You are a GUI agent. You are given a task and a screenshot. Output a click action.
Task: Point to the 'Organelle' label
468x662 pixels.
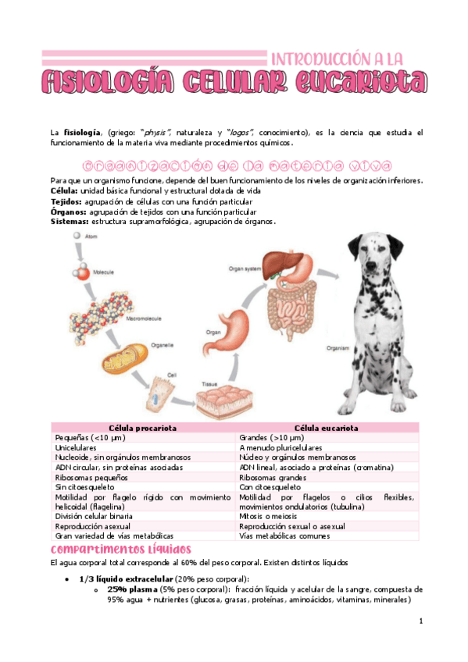click(x=162, y=342)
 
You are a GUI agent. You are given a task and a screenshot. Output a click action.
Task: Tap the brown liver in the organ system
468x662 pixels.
click(x=280, y=267)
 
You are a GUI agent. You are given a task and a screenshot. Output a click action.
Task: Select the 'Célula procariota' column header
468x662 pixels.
click(x=142, y=429)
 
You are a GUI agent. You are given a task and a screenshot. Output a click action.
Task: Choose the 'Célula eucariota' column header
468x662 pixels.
click(x=327, y=429)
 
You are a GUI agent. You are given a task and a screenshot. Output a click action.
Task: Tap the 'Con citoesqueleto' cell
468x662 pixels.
click(x=270, y=487)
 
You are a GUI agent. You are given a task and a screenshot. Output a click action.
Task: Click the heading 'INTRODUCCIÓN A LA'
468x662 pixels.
click(x=337, y=59)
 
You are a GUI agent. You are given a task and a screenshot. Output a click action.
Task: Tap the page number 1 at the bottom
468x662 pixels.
click(x=420, y=621)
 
